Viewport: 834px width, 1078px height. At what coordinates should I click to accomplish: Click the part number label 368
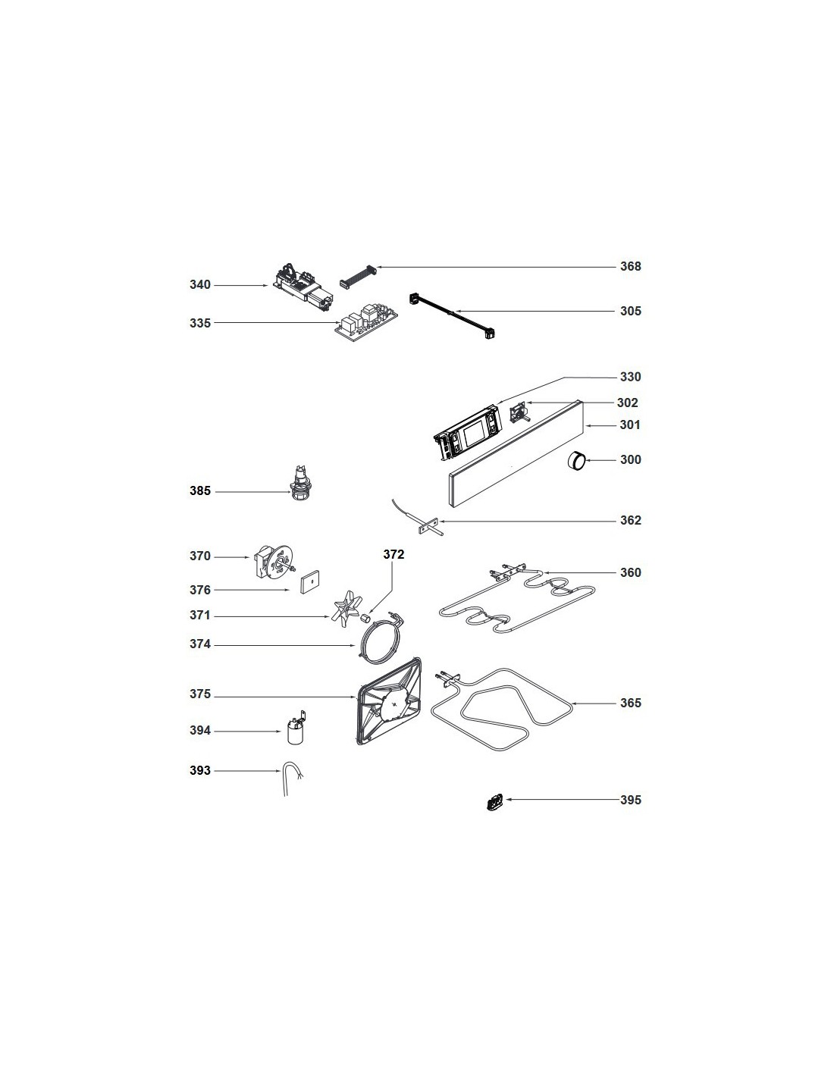[x=630, y=266]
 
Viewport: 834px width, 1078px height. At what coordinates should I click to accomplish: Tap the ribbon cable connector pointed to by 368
[x=357, y=276]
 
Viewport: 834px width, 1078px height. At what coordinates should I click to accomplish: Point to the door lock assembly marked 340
[x=303, y=289]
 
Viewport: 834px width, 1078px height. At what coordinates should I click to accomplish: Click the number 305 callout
[x=630, y=311]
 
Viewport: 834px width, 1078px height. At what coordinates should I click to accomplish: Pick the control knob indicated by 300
[x=577, y=460]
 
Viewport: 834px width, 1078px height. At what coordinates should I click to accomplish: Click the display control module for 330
[x=468, y=432]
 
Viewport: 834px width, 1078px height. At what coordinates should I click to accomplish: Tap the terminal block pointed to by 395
[x=494, y=801]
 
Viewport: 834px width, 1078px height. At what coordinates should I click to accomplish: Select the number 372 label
[x=393, y=554]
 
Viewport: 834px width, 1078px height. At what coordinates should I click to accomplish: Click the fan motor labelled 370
[x=274, y=561]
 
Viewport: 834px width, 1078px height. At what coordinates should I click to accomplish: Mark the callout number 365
[x=630, y=703]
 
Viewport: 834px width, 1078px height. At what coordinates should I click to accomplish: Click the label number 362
[x=630, y=520]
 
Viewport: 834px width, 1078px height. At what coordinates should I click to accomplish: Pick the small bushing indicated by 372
[x=365, y=618]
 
